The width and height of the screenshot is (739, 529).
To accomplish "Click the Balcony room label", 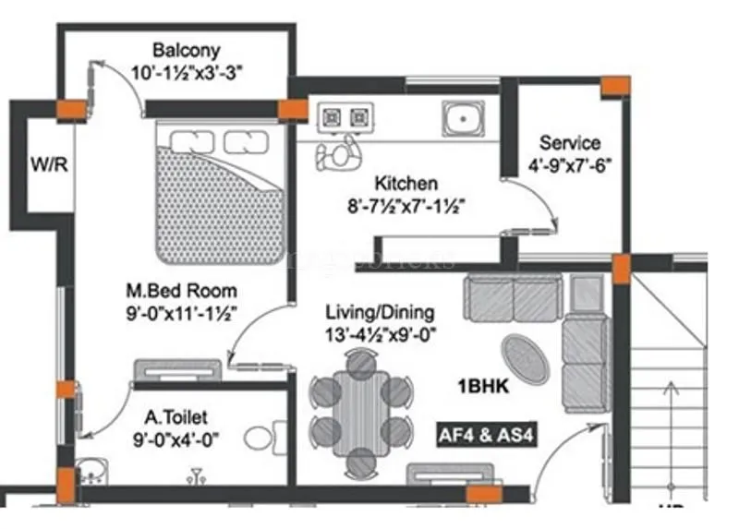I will [187, 49].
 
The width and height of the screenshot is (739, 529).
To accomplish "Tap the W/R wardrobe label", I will [43, 166].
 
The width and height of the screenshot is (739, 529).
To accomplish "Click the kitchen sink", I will [459, 117].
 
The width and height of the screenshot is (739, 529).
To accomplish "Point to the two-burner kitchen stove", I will [345, 117].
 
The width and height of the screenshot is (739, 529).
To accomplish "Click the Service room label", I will [570, 143].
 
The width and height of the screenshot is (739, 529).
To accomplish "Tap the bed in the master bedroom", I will [219, 190].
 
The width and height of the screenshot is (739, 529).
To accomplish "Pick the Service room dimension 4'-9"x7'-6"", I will [570, 166].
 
